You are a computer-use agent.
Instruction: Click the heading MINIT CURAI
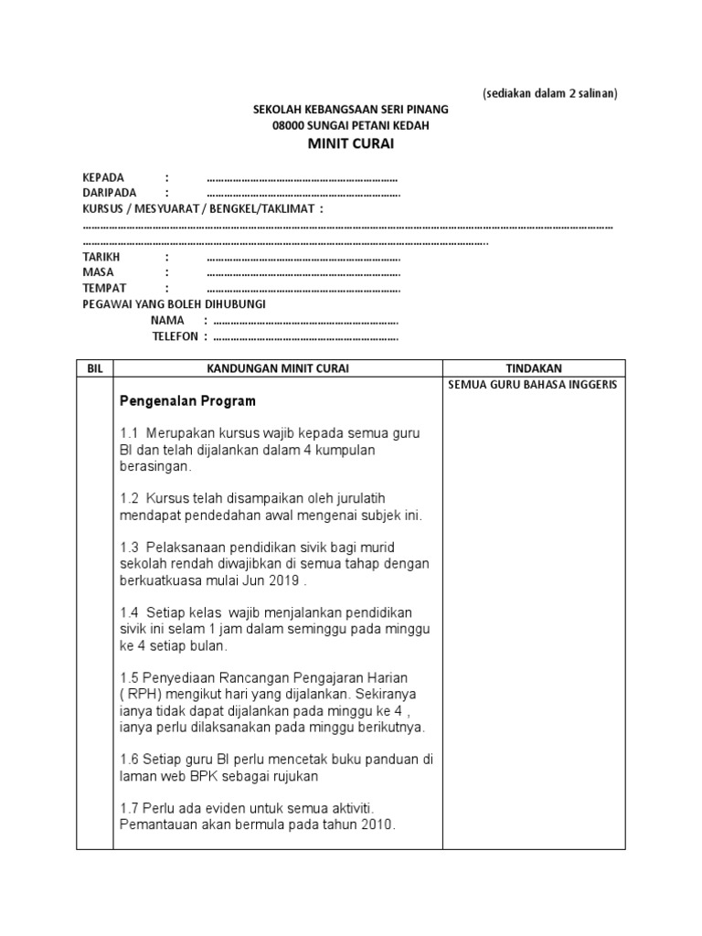351,144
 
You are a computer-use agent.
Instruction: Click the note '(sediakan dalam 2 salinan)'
550,93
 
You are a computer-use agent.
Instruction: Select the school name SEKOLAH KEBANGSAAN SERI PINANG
351,110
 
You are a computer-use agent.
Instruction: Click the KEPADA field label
103,177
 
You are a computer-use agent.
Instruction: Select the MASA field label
98,272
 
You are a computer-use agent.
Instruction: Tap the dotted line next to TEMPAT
303,288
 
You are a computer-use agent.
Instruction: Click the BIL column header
95,367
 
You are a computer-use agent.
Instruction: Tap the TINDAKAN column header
534,367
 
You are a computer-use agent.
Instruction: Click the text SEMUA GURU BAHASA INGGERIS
533,384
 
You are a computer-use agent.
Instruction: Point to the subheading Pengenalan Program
188,401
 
